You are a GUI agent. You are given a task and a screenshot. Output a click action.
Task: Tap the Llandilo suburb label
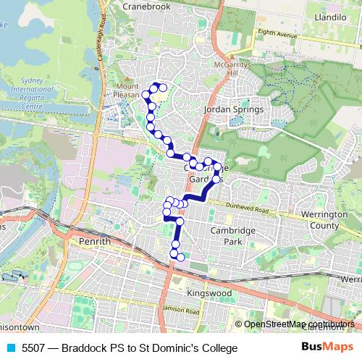[x=329, y=15]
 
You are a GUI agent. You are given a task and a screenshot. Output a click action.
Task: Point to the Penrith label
[x=96, y=241]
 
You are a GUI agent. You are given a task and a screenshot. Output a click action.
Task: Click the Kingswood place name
[x=208, y=293]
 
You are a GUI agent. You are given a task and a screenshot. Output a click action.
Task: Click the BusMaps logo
[x=327, y=348]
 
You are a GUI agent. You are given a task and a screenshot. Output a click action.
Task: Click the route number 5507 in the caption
[x=33, y=348]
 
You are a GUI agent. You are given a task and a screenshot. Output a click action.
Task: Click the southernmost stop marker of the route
[x=180, y=257]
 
